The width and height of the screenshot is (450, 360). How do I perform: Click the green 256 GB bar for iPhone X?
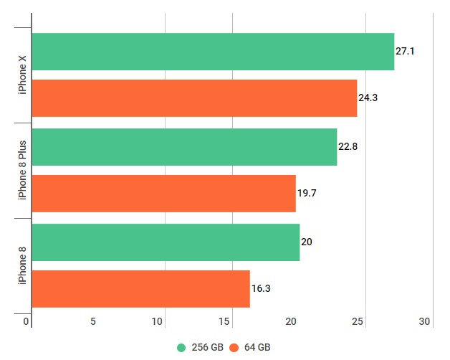click(x=213, y=52)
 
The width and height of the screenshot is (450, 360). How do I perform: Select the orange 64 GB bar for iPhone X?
click(x=194, y=98)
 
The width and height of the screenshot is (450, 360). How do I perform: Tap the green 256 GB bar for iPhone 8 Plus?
click(x=184, y=147)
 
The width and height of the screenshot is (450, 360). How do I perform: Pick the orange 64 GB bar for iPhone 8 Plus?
click(x=163, y=194)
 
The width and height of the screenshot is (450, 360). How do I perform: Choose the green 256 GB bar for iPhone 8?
click(x=166, y=242)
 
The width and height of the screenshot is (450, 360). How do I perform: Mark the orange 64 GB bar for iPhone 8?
click(x=140, y=289)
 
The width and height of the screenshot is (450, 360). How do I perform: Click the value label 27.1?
click(x=406, y=52)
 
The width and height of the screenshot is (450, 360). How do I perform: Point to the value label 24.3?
click(x=368, y=98)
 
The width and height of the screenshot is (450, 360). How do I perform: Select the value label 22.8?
click(x=348, y=147)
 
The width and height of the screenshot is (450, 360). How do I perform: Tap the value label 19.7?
click(x=307, y=194)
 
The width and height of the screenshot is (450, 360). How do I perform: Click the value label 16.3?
click(x=261, y=289)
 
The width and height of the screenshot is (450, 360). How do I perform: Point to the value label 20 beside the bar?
click(x=306, y=242)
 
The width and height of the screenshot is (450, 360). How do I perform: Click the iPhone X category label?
click(x=23, y=75)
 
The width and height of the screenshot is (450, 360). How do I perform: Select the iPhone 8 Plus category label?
click(x=23, y=171)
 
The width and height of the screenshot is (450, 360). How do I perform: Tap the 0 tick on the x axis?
click(x=27, y=322)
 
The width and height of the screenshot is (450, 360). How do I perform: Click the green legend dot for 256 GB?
click(x=181, y=347)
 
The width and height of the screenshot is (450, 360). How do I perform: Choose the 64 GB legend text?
click(x=256, y=347)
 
